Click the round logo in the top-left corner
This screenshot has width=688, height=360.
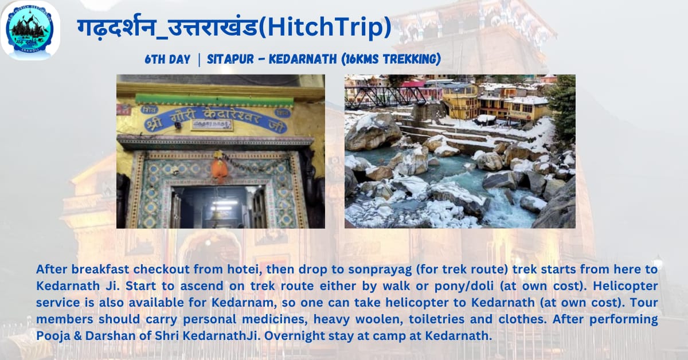[30, 30]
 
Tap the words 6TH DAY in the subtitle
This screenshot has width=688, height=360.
[167, 59]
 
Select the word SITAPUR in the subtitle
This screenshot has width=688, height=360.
[230, 59]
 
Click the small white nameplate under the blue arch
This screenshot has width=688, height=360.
[212, 124]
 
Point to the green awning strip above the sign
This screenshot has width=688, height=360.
[214, 100]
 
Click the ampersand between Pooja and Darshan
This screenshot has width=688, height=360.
[78, 336]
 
